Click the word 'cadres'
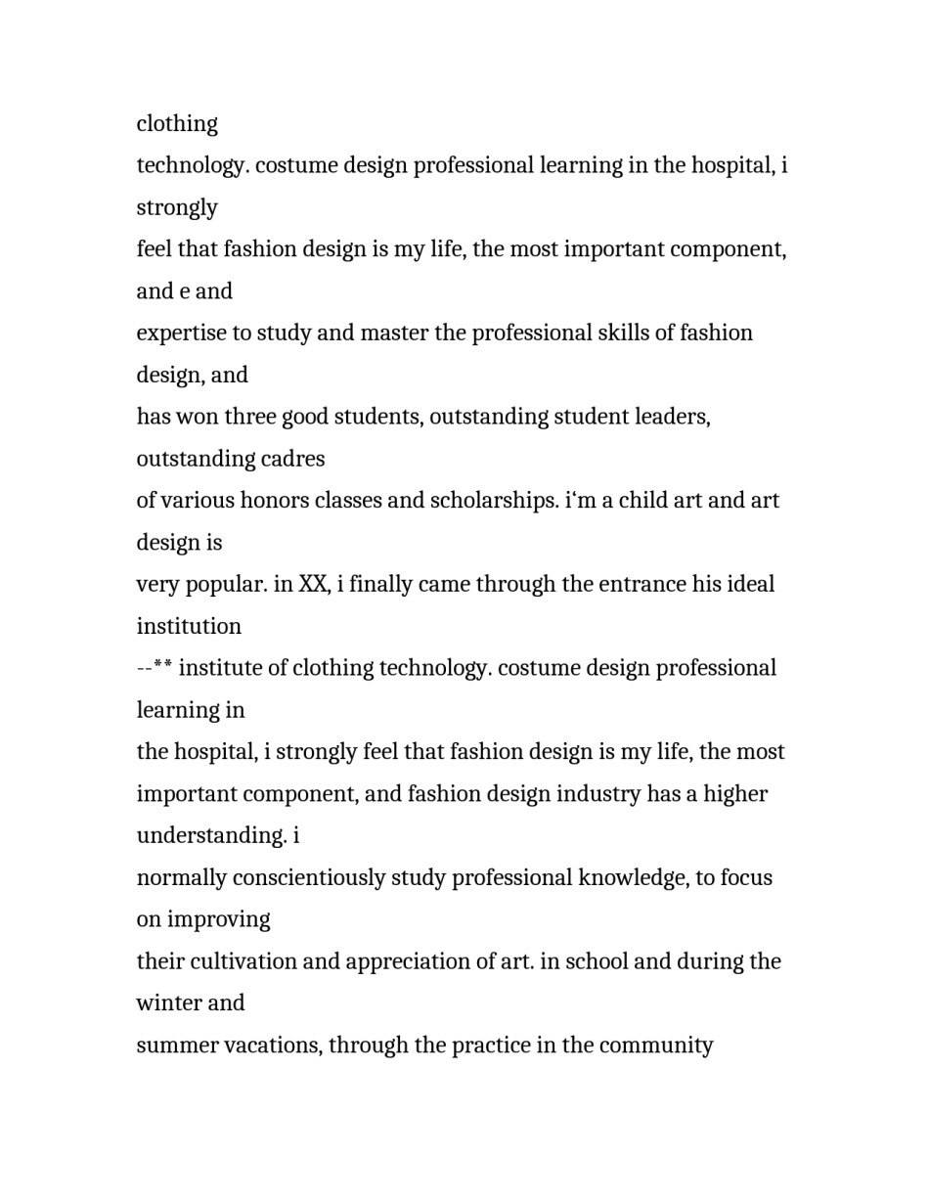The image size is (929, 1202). tap(294, 459)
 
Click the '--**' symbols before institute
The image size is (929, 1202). tap(155, 668)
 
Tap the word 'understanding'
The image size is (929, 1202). tap(211, 836)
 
